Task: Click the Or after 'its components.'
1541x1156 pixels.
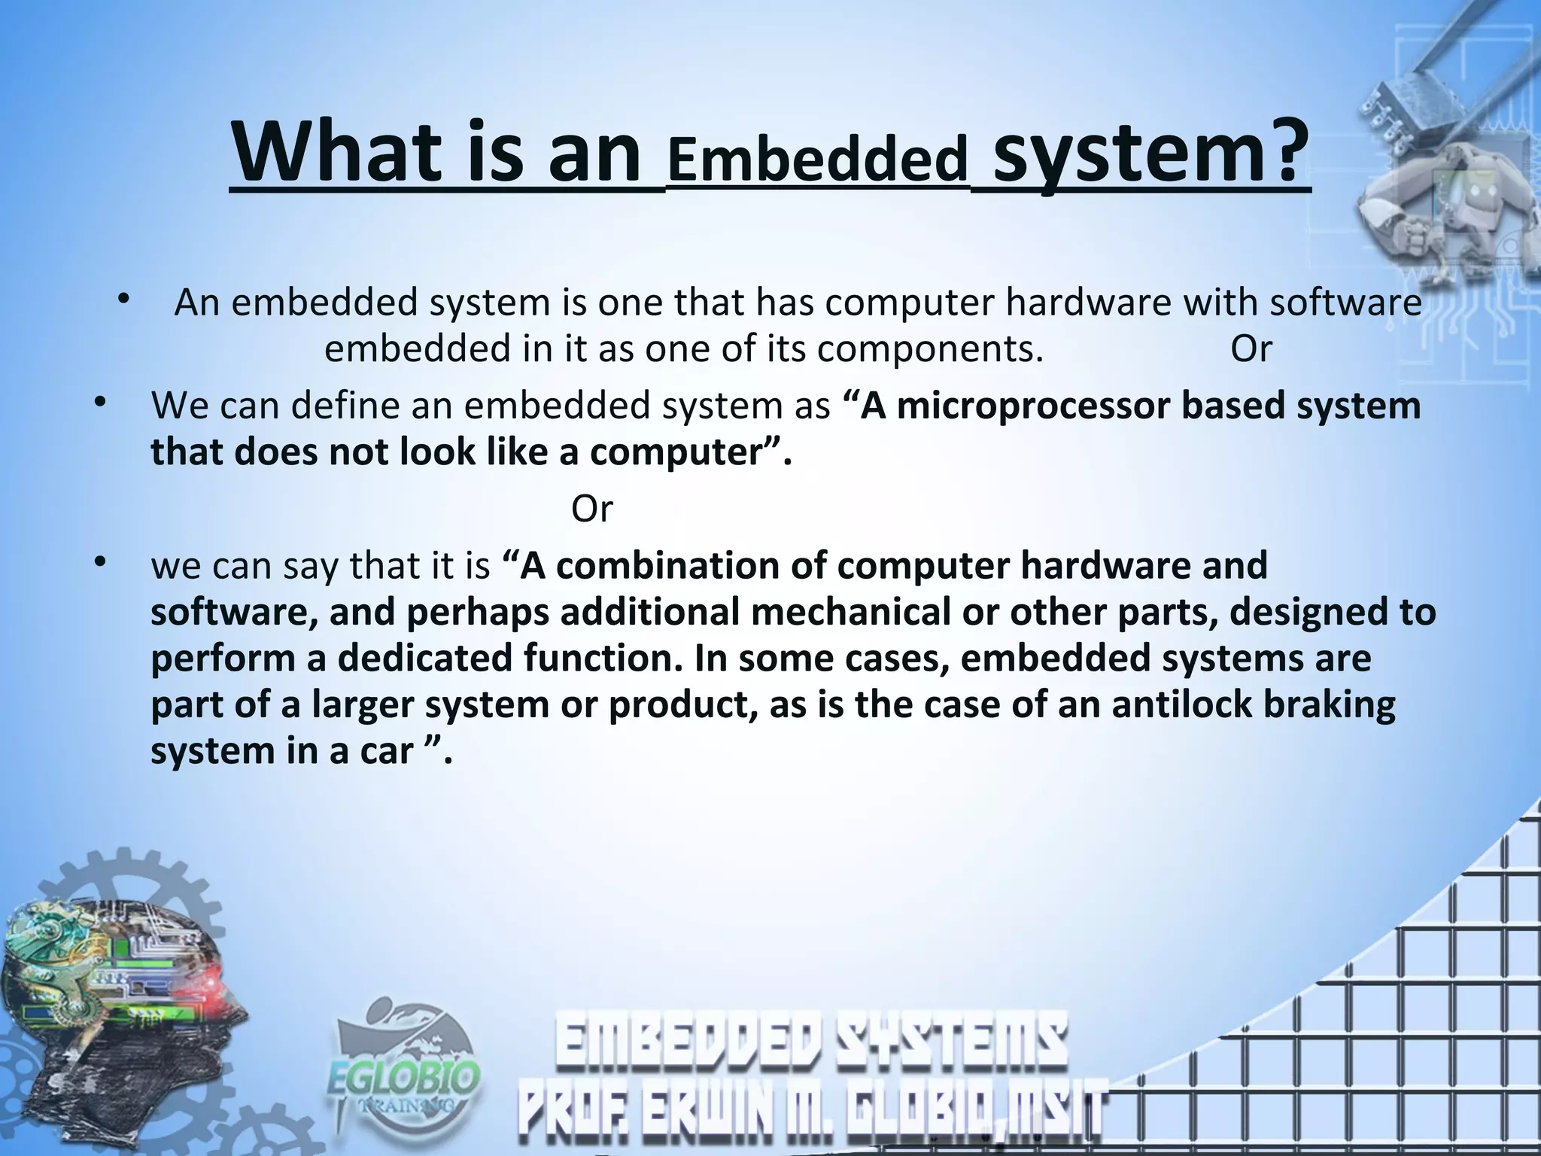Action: click(1251, 349)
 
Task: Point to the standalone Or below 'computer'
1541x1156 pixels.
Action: click(592, 510)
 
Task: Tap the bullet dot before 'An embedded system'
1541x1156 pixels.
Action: click(124, 300)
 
